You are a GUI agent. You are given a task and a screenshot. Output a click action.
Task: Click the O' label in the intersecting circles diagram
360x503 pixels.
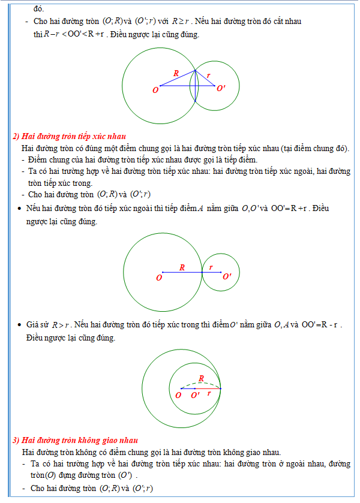pyautogui.click(x=221, y=89)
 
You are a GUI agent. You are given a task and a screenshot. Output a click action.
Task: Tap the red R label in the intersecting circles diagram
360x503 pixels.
pyautogui.click(x=176, y=73)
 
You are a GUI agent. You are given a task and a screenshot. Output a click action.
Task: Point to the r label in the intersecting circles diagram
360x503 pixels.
pyautogui.click(x=208, y=76)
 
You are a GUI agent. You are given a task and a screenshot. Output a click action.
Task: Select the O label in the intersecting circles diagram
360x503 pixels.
pyautogui.click(x=155, y=90)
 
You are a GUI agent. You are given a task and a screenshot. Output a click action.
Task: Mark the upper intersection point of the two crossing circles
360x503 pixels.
pyautogui.click(x=196, y=71)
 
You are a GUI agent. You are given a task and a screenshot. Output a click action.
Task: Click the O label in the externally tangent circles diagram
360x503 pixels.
pyautogui.click(x=159, y=278)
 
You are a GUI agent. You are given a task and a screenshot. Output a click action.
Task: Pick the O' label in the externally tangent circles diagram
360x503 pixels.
pyautogui.click(x=226, y=276)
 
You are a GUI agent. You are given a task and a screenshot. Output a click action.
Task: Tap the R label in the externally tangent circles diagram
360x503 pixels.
pyautogui.click(x=182, y=267)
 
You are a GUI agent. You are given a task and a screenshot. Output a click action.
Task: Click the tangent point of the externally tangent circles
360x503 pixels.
pyautogui.click(x=202, y=272)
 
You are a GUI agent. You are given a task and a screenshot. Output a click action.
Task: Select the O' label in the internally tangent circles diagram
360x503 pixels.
pyautogui.click(x=196, y=395)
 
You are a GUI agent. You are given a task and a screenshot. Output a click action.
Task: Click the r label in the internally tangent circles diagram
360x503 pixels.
pyautogui.click(x=208, y=394)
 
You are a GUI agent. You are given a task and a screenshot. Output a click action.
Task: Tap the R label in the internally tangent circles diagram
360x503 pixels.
pyautogui.click(x=202, y=378)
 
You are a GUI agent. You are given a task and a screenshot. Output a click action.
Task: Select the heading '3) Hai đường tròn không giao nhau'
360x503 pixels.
pyautogui.click(x=75, y=441)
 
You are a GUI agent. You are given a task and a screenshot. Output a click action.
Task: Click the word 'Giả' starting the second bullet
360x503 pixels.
pyautogui.click(x=32, y=325)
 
